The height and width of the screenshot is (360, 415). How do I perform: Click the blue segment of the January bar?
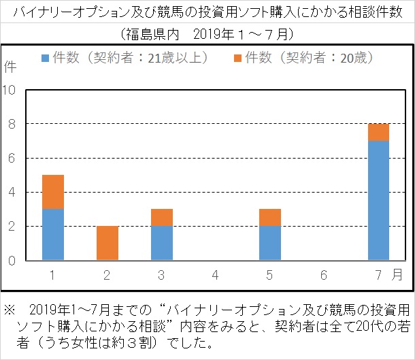click(53, 234)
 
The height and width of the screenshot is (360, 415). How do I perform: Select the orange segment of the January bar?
click(53, 192)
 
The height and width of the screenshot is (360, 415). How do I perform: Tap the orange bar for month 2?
click(107, 243)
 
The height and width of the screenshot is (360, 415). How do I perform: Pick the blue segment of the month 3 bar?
click(162, 243)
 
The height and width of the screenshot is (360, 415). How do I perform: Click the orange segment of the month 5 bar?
click(270, 217)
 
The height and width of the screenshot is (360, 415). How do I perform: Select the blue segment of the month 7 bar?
click(378, 200)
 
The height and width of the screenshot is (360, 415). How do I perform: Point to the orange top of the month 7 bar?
click(378, 132)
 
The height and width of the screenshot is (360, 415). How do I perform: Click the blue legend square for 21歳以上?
click(46, 59)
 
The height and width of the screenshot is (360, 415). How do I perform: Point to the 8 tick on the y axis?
click(12, 124)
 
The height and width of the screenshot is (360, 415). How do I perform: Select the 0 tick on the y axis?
click(12, 260)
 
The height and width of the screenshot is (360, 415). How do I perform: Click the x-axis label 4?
click(216, 274)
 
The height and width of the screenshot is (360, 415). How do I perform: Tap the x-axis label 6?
click(324, 274)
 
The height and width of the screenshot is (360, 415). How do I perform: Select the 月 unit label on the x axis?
click(397, 274)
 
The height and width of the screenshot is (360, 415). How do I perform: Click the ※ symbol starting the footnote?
click(10, 308)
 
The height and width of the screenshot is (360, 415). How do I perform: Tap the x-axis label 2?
click(107, 274)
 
